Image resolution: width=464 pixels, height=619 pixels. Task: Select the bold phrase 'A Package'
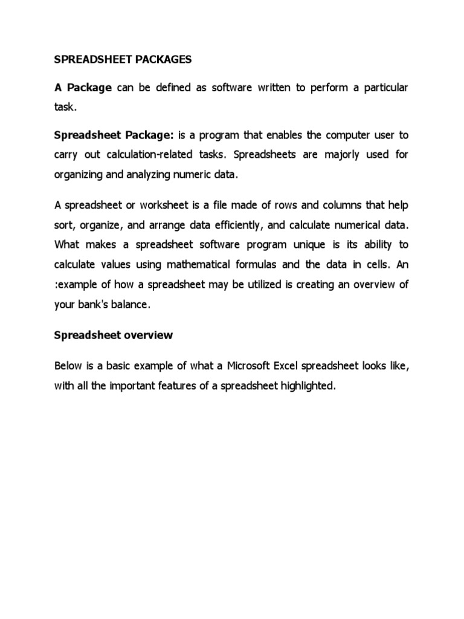point(83,88)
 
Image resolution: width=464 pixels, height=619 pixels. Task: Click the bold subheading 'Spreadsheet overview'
point(114,335)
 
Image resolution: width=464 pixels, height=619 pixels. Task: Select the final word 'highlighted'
point(306,386)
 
